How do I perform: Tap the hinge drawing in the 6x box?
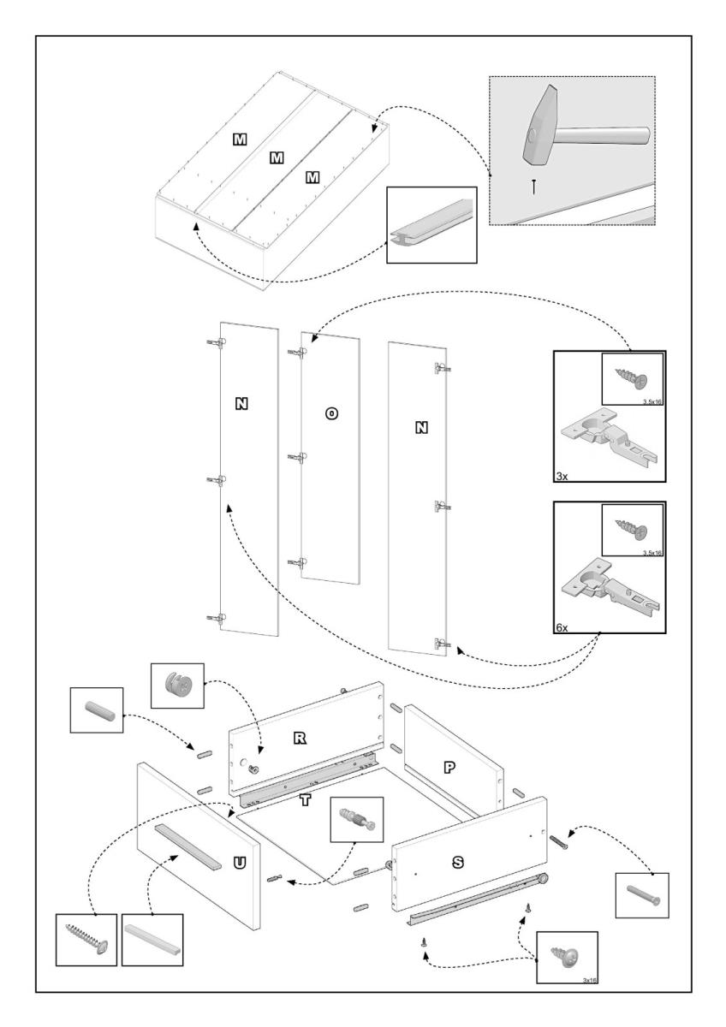click(608, 587)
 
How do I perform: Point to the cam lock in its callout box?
click(177, 685)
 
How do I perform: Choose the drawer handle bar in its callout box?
click(152, 939)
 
